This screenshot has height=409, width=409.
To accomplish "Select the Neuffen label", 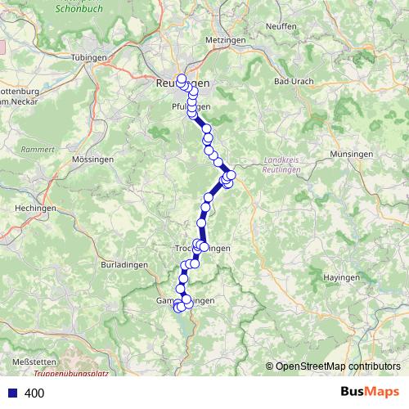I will pyautogui.click(x=281, y=26).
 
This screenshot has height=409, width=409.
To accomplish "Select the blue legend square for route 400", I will pyautogui.click(x=11, y=393).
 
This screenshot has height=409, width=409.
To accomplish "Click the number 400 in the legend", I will pyautogui.click(x=34, y=393).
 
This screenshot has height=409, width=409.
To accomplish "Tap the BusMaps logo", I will pyautogui.click(x=370, y=392).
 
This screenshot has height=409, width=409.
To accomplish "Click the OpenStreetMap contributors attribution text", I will pyautogui.click(x=338, y=366).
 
